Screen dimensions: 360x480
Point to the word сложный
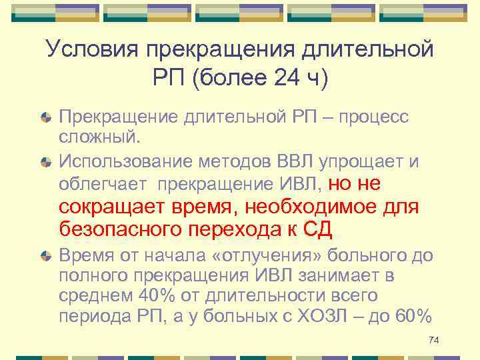coord(99,137)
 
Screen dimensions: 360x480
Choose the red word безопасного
coord(118,229)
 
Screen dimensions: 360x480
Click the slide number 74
coord(433,341)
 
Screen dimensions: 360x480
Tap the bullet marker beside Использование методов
coord(45,161)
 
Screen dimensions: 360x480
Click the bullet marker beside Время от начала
coord(45,257)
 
